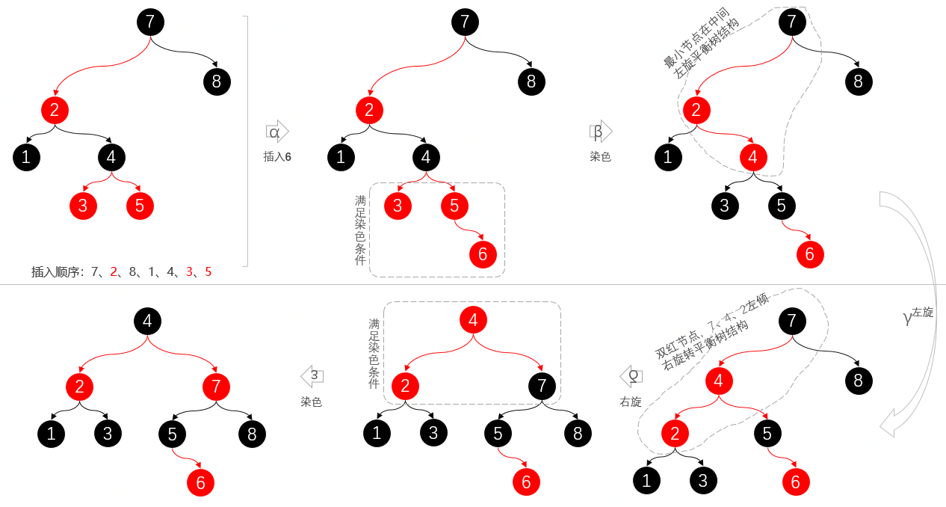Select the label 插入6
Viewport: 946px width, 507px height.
pyautogui.click(x=277, y=156)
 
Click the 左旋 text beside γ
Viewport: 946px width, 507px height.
pyautogui.click(x=923, y=312)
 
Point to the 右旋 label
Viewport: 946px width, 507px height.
pyautogui.click(x=631, y=402)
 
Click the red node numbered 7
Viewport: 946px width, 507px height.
pyautogui.click(x=216, y=387)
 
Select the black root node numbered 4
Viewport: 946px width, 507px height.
pyautogui.click(x=147, y=322)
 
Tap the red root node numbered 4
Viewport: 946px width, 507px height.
pyautogui.click(x=473, y=321)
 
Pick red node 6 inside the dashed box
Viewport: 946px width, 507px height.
pyautogui.click(x=483, y=254)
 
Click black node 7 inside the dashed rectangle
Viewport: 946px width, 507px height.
pyautogui.click(x=542, y=387)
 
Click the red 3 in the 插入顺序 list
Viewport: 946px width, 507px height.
pyautogui.click(x=189, y=272)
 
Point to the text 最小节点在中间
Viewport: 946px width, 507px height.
pyautogui.click(x=696, y=37)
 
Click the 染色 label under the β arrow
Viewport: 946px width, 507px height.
pyautogui.click(x=600, y=157)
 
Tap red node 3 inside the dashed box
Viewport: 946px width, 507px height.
pyautogui.click(x=398, y=206)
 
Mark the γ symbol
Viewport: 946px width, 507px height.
pyautogui.click(x=907, y=317)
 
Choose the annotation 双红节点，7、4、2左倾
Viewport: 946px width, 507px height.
pyautogui.click(x=711, y=325)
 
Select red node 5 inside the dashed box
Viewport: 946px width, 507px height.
pyautogui.click(x=454, y=206)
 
